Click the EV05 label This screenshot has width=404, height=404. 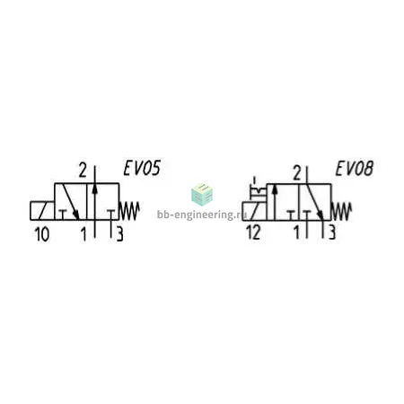pos(142,168)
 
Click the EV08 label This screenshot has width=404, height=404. pos(355,169)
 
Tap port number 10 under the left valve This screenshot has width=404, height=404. pos(42,234)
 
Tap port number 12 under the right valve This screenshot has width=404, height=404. pos(253,233)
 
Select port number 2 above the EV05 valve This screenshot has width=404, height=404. pos(83,171)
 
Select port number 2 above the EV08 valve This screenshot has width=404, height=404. pos(297,173)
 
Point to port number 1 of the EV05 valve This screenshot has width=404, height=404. pos(83,234)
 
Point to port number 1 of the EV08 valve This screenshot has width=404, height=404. pos(296,233)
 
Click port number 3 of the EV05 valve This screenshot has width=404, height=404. pos(119,234)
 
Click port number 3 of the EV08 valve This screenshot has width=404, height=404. pos(332,233)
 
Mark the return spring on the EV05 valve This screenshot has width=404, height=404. pos(129,211)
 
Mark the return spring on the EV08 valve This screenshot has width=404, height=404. pos(341,211)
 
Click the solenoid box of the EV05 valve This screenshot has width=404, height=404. pos(42,211)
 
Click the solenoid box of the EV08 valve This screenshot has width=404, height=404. pos(254,211)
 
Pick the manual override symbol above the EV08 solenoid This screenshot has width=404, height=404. pos(258,190)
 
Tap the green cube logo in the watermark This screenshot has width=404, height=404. pos(202,194)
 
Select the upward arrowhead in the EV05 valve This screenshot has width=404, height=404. pos(94,189)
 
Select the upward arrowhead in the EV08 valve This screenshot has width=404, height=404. pos(275,189)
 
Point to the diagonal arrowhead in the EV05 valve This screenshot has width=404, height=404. pos(76,215)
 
